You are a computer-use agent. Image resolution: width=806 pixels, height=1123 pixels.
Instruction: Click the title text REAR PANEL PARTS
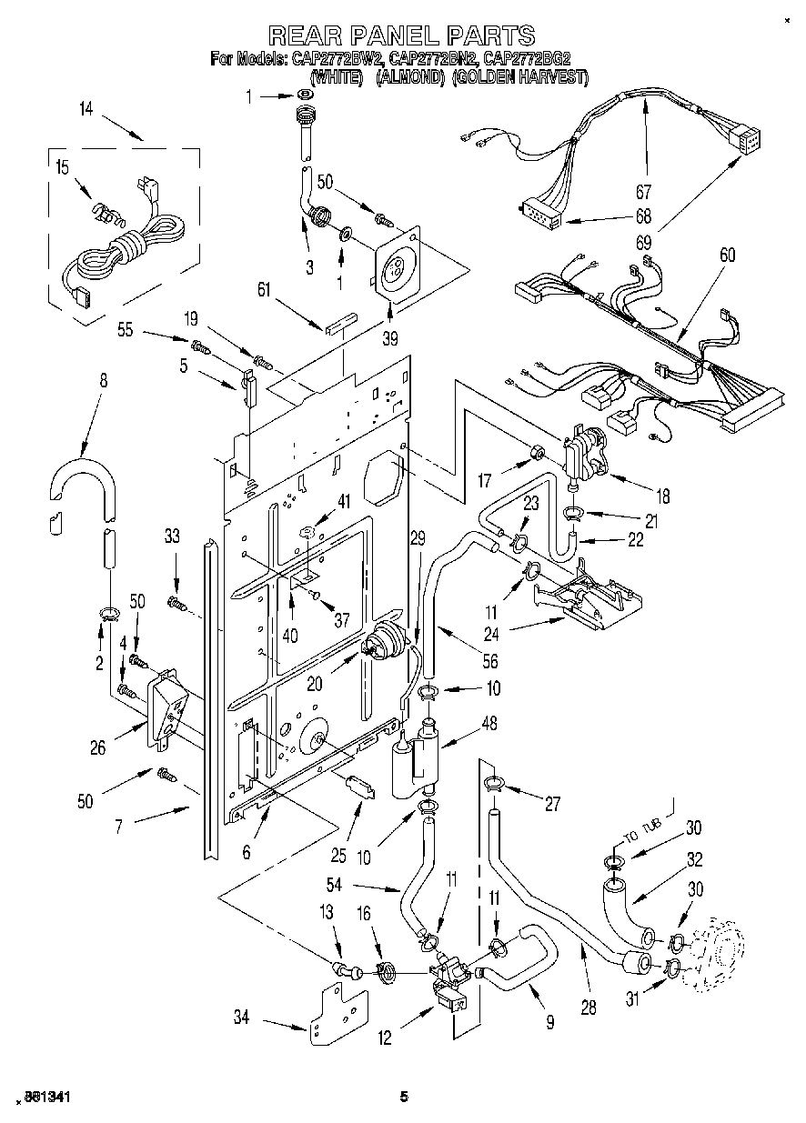click(x=401, y=35)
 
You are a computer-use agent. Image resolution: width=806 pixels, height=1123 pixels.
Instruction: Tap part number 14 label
click(x=86, y=109)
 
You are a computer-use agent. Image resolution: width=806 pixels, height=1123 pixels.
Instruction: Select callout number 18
click(x=661, y=496)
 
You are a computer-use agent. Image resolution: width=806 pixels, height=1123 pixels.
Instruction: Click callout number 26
click(x=98, y=748)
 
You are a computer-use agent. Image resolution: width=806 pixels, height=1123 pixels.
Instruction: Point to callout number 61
click(x=264, y=290)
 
